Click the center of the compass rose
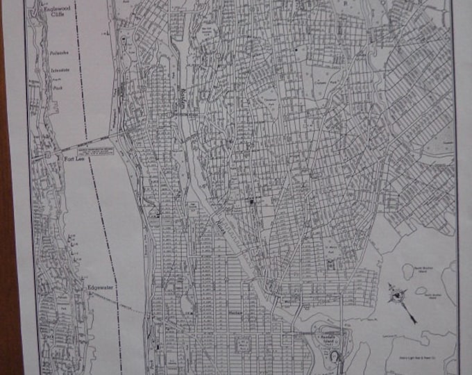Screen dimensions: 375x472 pos(396,294)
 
